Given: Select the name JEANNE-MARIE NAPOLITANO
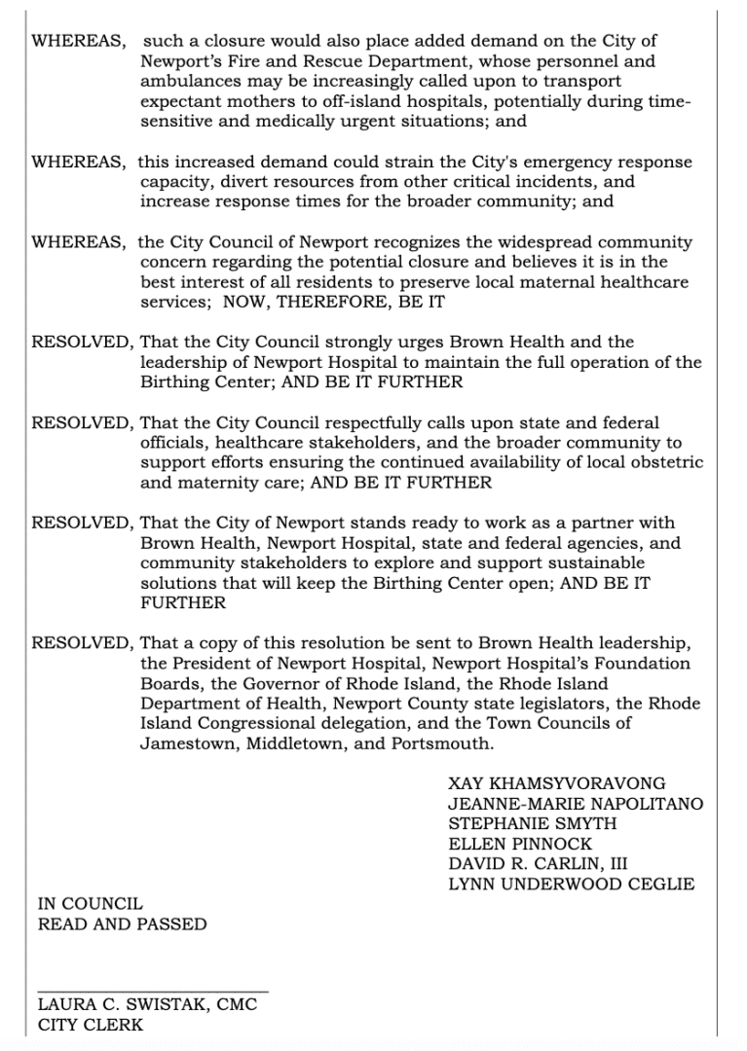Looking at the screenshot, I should tap(576, 803).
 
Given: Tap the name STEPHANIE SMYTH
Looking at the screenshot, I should tap(532, 823).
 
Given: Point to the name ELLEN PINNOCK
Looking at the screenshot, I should tap(519, 844).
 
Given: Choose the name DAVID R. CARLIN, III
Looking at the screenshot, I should tap(538, 864).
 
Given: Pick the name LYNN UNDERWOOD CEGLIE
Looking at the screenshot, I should tap(571, 885).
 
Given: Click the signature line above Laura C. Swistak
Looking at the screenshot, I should tap(152, 992).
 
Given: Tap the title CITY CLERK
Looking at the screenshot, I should tap(90, 1025).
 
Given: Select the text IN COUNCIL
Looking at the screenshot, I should tap(90, 904).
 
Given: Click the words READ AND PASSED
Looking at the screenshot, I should tap(122, 924).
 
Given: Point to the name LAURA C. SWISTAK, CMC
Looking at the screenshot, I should tap(147, 1004).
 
